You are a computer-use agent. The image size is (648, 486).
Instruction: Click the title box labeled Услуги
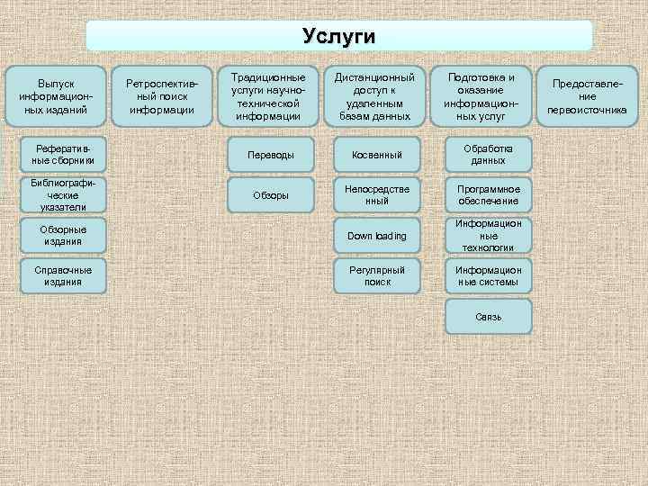coord(339,36)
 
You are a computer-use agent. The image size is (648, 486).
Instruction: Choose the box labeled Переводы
coord(271,155)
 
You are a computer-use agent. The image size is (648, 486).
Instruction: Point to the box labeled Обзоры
coord(271,195)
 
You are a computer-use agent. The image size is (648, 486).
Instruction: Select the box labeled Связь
coord(488,317)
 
